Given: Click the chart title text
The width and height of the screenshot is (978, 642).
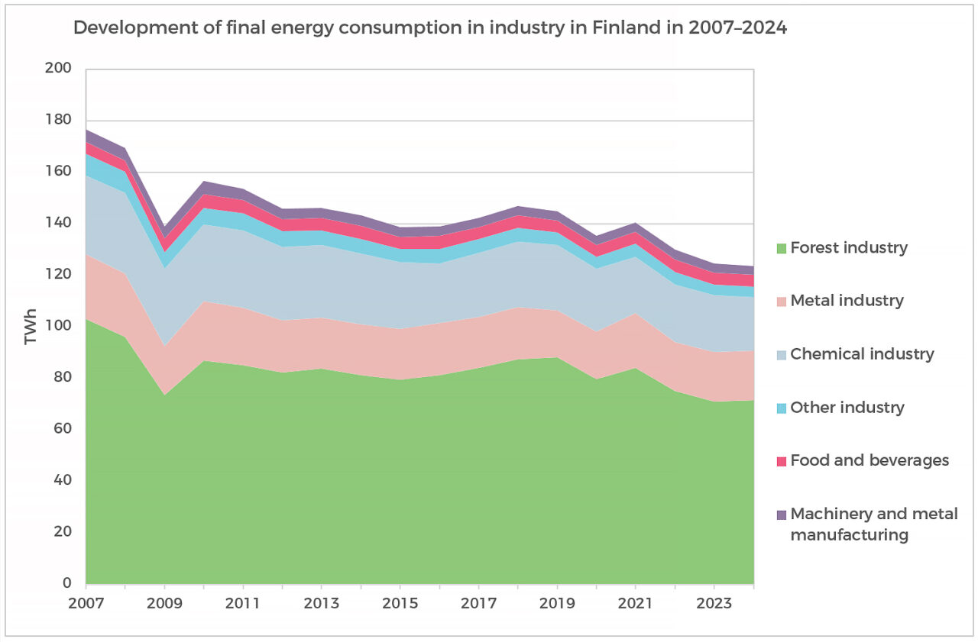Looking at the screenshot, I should tap(429, 29).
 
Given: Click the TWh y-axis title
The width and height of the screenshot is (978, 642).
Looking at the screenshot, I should tap(31, 327).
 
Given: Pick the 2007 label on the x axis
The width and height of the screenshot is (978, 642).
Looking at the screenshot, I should tap(86, 602).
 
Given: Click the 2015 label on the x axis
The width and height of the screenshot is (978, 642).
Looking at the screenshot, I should tap(400, 602).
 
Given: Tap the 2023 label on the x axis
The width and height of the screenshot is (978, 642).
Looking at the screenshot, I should tap(714, 602).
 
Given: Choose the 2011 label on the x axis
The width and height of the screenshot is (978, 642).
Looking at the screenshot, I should tap(243, 602).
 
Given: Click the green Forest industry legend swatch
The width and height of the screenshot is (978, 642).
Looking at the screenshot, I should tap(781, 248).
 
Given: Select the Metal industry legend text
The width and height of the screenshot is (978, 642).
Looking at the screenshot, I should tap(847, 301).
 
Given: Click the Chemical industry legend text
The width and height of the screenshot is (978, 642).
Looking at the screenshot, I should tap(862, 354).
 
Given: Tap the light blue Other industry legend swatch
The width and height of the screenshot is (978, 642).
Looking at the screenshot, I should tap(781, 408).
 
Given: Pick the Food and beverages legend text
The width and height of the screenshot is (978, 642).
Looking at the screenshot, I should tap(870, 460).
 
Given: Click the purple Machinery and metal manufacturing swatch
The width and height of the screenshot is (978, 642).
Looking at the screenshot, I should tap(781, 515).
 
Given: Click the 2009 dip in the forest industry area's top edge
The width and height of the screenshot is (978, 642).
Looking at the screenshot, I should tap(165, 395).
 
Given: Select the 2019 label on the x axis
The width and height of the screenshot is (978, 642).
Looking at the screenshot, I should tap(558, 602).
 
